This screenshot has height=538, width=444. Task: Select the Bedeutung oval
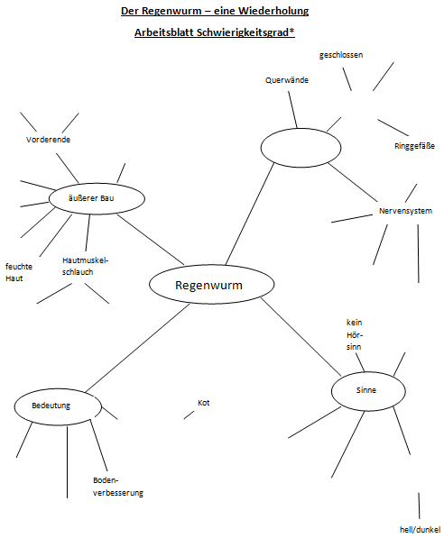56,406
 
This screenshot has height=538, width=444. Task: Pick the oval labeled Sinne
365,390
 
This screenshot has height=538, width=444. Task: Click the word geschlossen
341,55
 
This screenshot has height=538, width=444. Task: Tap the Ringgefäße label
414,146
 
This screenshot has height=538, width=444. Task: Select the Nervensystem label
405,212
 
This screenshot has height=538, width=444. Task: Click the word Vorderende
49,140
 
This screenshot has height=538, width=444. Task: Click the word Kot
204,403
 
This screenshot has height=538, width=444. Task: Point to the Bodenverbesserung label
117,487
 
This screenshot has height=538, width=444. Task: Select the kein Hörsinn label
354,333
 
